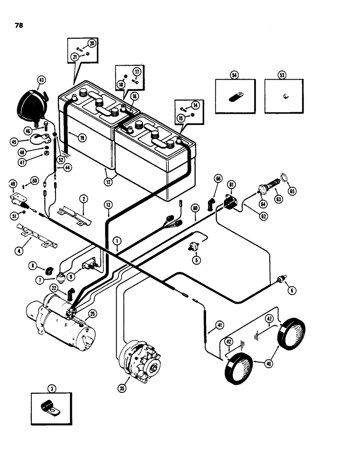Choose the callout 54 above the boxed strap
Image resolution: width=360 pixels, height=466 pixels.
[235, 75]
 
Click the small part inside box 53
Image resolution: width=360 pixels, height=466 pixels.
[284, 96]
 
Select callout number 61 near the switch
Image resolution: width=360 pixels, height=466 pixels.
[231, 185]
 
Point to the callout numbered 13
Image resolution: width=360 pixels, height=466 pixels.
[108, 204]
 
